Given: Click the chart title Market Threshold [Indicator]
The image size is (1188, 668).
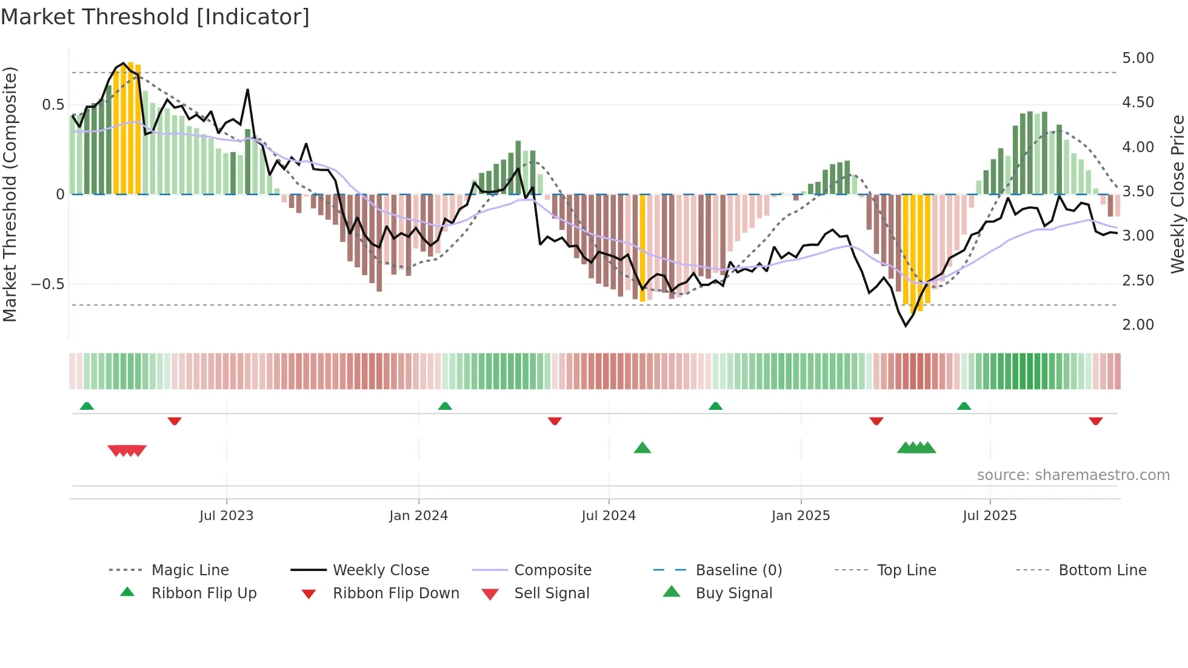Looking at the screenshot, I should (155, 17).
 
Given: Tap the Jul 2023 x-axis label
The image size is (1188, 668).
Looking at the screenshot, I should (226, 516).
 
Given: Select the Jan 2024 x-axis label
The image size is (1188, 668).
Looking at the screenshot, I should (418, 516).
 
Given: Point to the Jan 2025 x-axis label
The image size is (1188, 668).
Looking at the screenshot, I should (800, 516).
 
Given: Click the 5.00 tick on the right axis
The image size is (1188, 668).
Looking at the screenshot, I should (1138, 58).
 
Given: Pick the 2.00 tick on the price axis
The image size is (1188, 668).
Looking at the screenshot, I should (1138, 325).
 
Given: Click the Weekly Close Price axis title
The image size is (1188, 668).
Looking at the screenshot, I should (1177, 194).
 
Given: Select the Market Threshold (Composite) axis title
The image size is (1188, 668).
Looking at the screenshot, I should (10, 194).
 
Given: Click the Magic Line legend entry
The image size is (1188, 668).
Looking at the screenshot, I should (190, 570).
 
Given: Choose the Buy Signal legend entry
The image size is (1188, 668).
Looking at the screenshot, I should (733, 593).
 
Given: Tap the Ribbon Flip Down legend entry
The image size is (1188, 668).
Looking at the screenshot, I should (396, 593).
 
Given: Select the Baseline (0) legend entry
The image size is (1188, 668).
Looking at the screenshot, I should (738, 570).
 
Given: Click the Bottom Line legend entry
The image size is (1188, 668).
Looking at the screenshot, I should (1102, 570).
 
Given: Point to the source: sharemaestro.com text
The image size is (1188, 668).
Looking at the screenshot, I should (1073, 475).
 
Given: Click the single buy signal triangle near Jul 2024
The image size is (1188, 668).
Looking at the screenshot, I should (642, 449).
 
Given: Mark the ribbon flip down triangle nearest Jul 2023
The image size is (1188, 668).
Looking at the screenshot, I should (175, 421).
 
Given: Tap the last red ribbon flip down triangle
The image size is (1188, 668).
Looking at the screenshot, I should (1095, 421).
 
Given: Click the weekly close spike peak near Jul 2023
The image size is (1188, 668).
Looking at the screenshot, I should (247, 90).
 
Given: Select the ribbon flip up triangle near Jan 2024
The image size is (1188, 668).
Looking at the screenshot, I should (445, 406).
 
